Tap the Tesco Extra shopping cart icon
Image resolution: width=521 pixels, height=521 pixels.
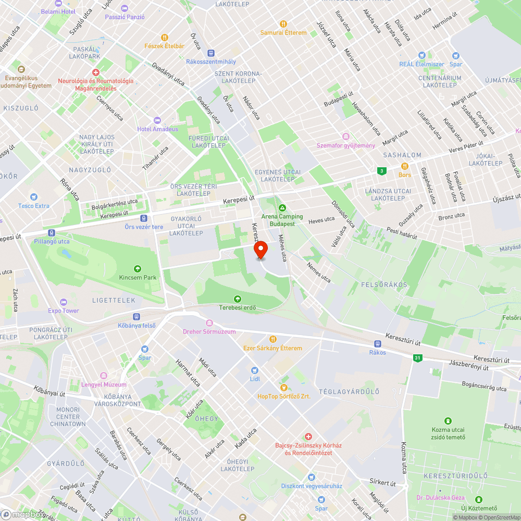click(x=34, y=197)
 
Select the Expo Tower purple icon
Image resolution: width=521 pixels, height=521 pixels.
click(x=64, y=302)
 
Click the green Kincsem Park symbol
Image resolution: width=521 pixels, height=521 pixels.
click(x=138, y=269)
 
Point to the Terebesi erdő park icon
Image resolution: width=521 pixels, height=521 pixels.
click(x=238, y=299)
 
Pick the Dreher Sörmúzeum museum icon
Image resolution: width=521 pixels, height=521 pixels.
click(x=209, y=323)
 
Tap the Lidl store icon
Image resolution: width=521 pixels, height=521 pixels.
click(x=255, y=370)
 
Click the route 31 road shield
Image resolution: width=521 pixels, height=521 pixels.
click(x=417, y=358)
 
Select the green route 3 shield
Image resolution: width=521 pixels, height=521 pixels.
click(x=382, y=171)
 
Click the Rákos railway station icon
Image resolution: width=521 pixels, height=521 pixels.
click(x=377, y=344)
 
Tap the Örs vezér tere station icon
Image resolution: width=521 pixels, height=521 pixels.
click(x=144, y=218)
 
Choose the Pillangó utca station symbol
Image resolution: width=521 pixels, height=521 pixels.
click(x=51, y=233)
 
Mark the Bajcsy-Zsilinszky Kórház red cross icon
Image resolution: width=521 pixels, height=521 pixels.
click(x=308, y=437)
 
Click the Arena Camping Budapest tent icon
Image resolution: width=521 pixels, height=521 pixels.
click(x=282, y=208)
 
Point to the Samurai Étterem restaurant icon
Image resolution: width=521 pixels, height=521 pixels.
click(x=283, y=24)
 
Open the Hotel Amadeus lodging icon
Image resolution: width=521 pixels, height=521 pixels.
click(x=157, y=120)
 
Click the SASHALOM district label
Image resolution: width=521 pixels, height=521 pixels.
click(x=402, y=155)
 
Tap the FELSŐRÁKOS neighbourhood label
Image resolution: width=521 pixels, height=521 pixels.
click(x=384, y=285)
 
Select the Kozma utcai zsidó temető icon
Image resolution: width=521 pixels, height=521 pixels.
click(x=448, y=421)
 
